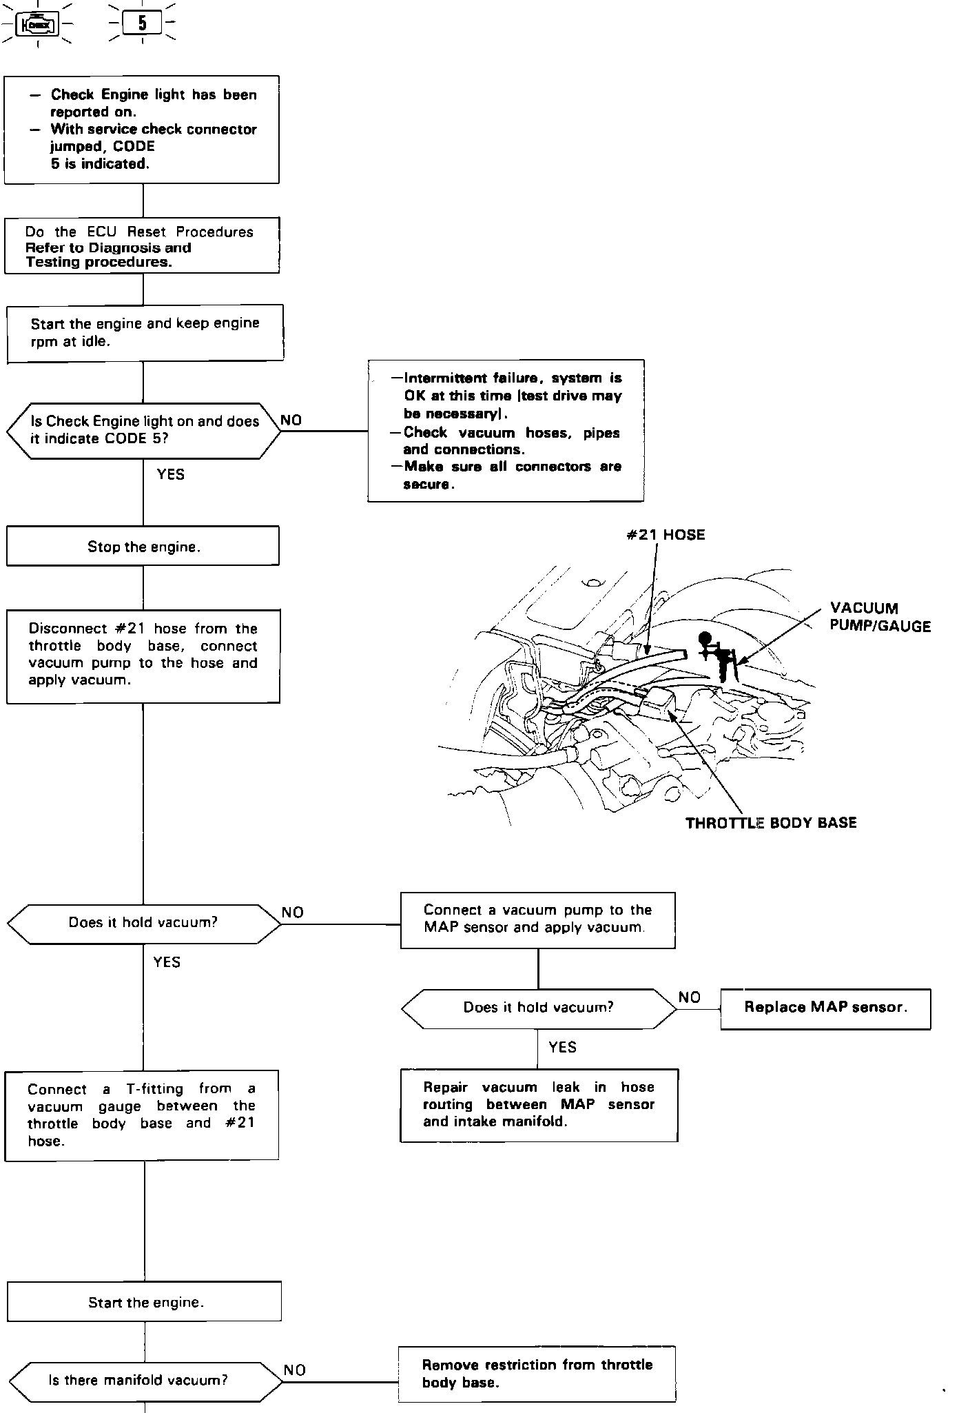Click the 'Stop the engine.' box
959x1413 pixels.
[x=143, y=547]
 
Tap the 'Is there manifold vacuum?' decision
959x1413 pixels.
[x=145, y=1380]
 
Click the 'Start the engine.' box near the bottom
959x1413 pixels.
[x=145, y=1302]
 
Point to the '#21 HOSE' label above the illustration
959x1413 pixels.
[x=666, y=535]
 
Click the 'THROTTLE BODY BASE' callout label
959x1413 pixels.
[x=771, y=822]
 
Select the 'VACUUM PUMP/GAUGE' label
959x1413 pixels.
[x=880, y=618]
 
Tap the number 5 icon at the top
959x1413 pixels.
[x=143, y=24]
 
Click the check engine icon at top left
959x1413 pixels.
[x=39, y=25]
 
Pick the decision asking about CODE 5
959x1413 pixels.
[x=144, y=431]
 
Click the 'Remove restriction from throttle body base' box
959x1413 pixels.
[x=537, y=1374]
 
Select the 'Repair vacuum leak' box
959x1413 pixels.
[x=539, y=1104]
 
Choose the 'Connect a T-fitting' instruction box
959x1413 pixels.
[x=142, y=1115]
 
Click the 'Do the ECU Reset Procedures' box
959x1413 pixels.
[x=142, y=246]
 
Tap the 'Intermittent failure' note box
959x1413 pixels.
[x=506, y=431]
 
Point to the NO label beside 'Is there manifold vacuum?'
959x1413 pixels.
[x=295, y=1370]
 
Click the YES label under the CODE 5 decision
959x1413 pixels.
[x=170, y=474]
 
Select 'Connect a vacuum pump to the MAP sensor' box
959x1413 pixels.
[x=537, y=919]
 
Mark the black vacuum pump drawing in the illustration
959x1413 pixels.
[x=719, y=655]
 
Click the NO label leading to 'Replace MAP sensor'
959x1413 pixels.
[x=689, y=997]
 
